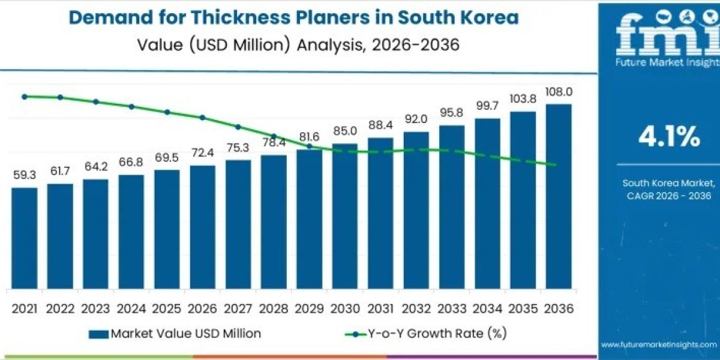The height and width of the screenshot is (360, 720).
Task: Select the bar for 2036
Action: pyautogui.click(x=559, y=196)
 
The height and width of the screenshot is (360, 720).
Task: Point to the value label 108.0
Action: pyautogui.click(x=559, y=92)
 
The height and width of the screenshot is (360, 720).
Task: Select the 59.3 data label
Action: pyautogui.click(x=25, y=175)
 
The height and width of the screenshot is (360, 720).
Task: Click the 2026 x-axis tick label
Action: pyautogui.click(x=203, y=308)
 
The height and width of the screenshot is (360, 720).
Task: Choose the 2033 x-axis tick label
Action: pyautogui.click(x=452, y=308)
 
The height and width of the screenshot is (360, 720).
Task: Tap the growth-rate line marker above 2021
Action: pyautogui.click(x=25, y=96)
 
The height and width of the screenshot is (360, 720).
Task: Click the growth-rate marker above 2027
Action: pyautogui.click(x=238, y=127)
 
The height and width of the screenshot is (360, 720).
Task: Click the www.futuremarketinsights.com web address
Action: pyautogui.click(x=659, y=344)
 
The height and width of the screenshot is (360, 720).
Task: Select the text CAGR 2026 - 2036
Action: pyautogui.click(x=670, y=196)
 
